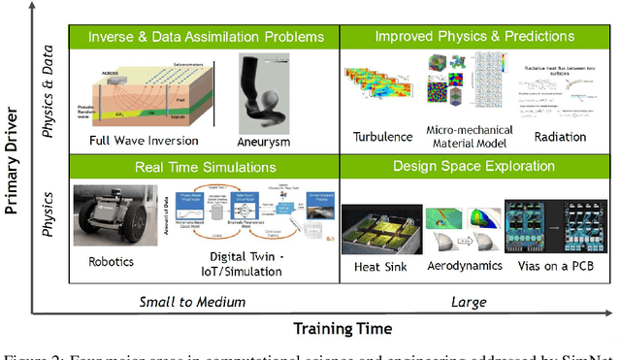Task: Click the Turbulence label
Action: (x=376, y=137)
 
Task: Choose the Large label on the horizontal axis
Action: (x=470, y=302)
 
